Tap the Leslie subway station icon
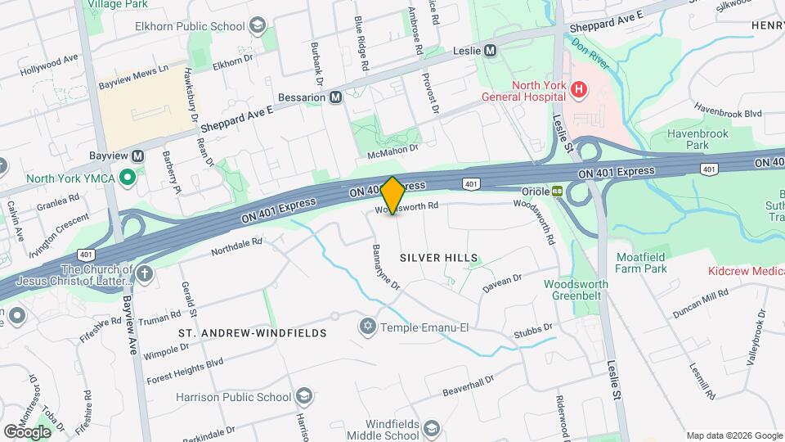click(490, 50)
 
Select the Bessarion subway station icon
click(335, 97)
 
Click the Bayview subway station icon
click(137, 156)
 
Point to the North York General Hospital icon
click(579, 88)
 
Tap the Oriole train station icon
click(558, 190)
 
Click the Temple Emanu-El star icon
click(367, 327)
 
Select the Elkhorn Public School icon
click(258, 25)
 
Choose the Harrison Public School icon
click(303, 397)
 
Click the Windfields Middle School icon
click(431, 426)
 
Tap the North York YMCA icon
click(127, 176)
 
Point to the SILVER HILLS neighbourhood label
click(438, 258)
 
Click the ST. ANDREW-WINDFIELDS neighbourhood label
click(253, 333)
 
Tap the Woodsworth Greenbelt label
click(576, 290)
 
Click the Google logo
click(27, 431)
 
